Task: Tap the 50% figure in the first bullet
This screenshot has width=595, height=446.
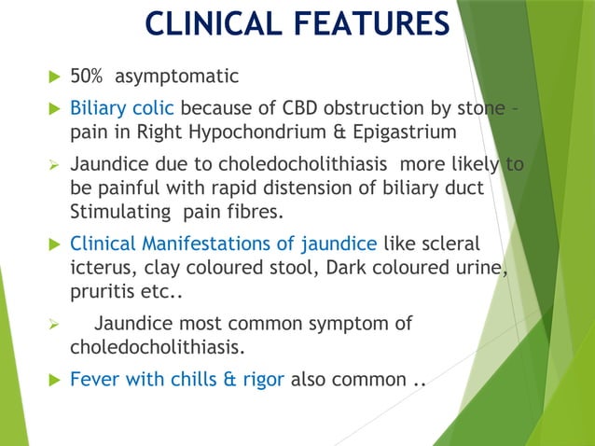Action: (88, 77)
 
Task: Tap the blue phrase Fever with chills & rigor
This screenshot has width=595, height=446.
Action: (177, 382)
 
